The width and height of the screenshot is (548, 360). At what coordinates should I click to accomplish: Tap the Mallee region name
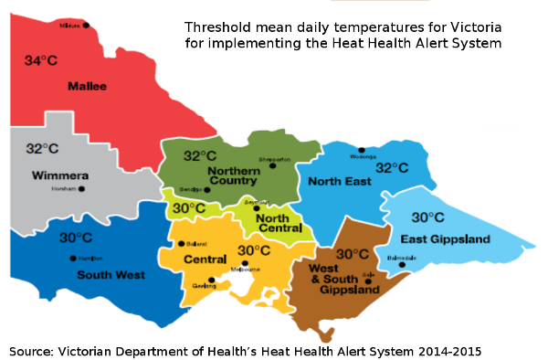coord(87,86)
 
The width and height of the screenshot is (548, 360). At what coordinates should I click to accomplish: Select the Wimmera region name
coord(59,175)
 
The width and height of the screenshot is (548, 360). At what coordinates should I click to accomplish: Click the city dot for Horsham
coord(81,189)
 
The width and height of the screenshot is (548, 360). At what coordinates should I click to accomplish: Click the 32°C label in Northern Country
coord(200,155)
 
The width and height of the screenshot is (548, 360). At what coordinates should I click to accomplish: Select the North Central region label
coord(273,222)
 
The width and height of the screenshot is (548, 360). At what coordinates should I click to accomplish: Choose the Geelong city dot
coord(211,281)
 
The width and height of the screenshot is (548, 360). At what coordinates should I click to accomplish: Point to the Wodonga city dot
coord(362,150)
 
